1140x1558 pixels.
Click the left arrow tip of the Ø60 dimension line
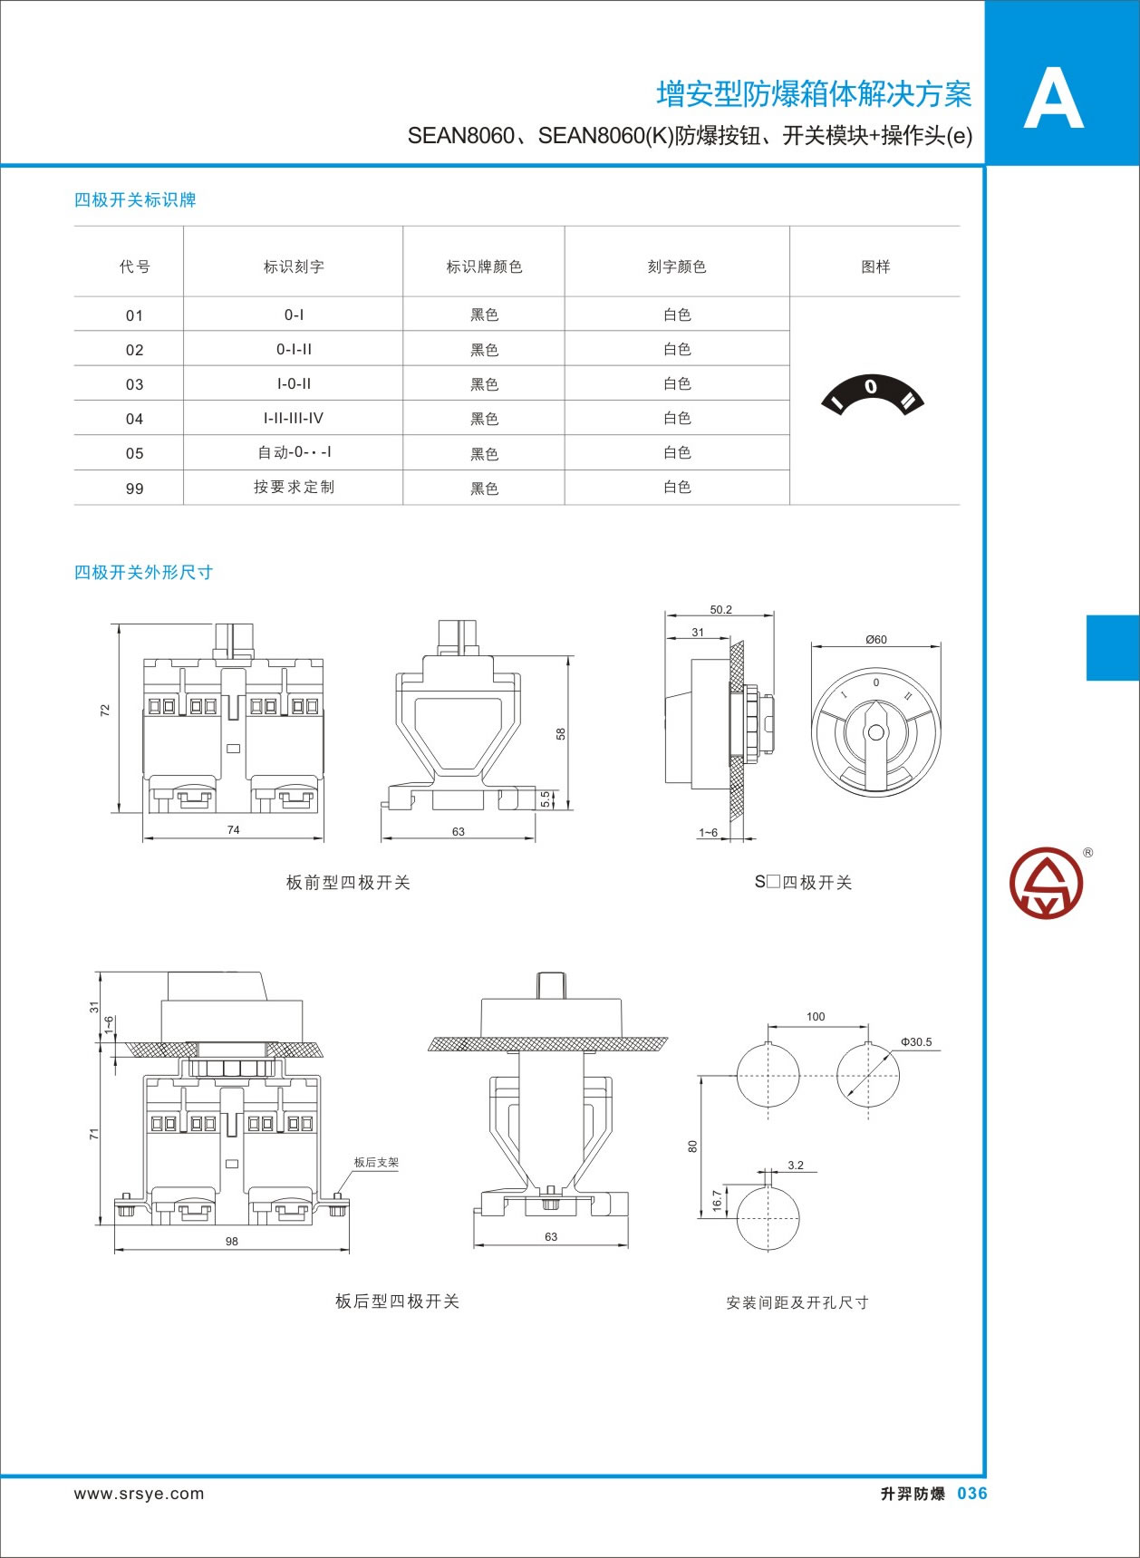812,646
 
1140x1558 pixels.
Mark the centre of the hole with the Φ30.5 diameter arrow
868,1076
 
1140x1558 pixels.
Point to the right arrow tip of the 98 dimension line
349,1251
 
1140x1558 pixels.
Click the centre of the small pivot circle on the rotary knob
875,732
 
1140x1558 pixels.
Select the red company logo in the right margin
1047,884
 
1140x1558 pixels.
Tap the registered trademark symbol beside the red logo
1087,852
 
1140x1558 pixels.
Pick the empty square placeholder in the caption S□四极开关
773,882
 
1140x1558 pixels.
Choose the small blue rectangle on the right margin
1113,647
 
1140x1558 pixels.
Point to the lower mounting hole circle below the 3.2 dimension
768,1217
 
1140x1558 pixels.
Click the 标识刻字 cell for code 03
294,383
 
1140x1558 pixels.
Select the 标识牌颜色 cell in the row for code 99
484,489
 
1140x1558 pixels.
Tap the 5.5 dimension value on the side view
545,798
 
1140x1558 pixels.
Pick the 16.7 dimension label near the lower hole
717,1201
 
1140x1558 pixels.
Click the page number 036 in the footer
972,1494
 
